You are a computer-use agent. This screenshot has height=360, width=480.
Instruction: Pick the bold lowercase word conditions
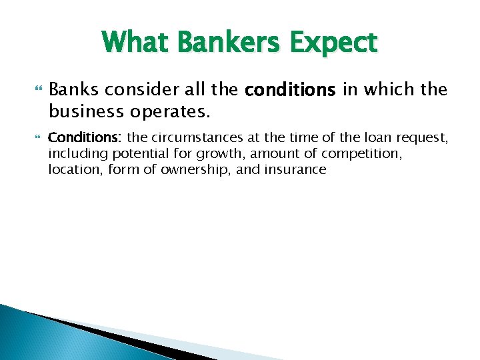(x=292, y=90)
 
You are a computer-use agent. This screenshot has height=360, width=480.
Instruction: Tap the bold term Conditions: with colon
(x=85, y=138)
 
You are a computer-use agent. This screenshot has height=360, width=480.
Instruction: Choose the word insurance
(x=298, y=169)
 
